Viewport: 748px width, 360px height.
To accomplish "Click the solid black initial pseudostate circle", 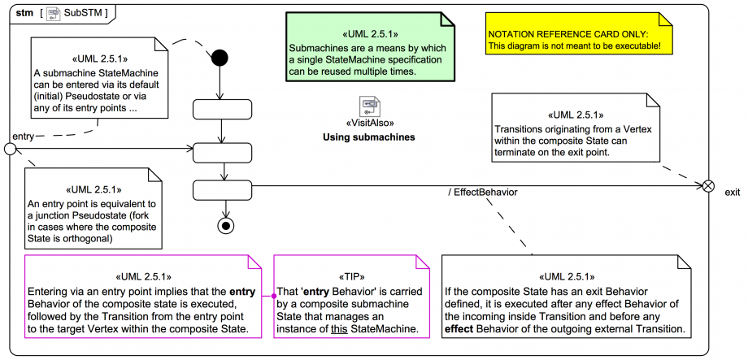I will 220,59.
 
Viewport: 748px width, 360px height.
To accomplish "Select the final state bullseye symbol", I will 222,225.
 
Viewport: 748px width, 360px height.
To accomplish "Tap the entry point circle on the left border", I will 11,149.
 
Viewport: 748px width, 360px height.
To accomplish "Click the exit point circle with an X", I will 708,186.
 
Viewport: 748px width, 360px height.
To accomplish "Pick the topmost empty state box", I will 222,109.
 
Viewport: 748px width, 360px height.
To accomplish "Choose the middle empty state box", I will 222,149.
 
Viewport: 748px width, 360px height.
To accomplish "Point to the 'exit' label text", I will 733,192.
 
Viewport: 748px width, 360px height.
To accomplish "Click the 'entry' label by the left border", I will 24,137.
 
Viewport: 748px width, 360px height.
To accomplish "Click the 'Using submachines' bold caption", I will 370,137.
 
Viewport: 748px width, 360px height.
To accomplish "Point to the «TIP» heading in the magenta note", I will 349,276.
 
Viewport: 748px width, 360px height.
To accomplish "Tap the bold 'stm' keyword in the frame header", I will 24,13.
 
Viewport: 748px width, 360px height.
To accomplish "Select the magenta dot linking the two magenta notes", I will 274,297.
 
